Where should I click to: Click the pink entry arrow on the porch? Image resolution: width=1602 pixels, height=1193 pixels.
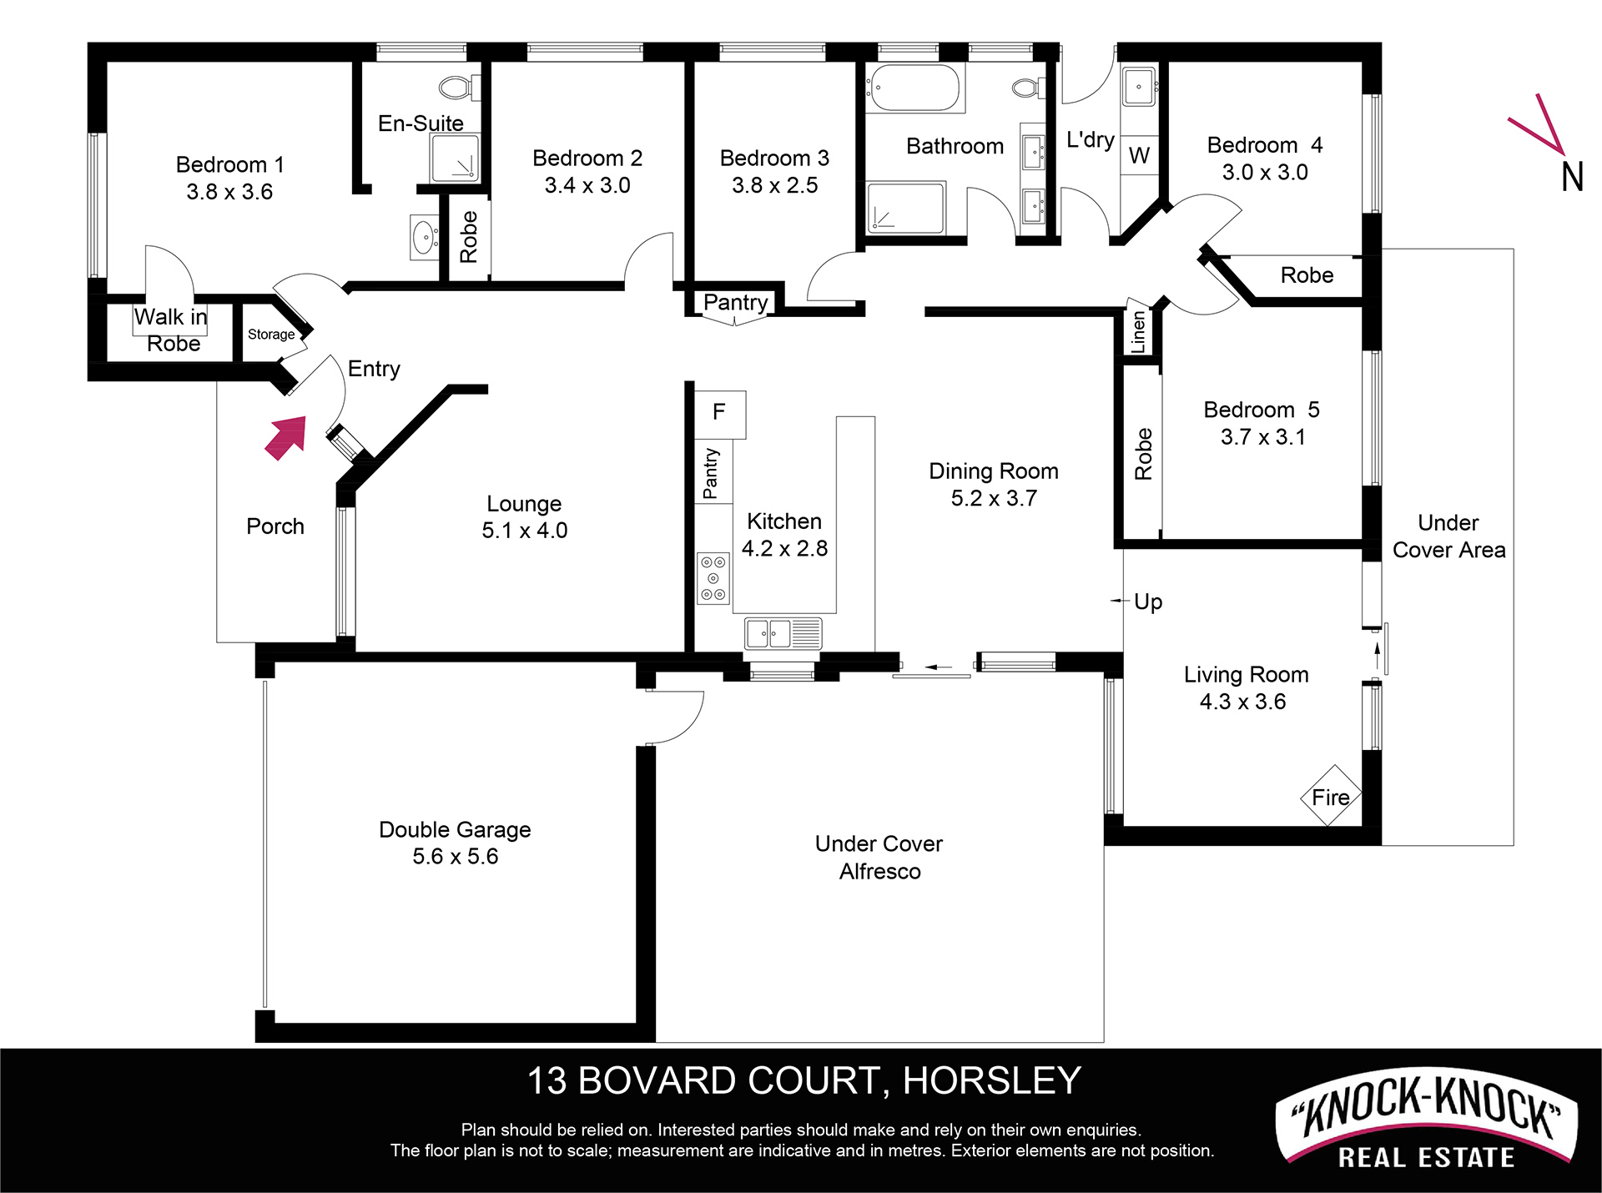(286, 438)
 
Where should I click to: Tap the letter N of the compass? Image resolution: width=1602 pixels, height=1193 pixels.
(1572, 177)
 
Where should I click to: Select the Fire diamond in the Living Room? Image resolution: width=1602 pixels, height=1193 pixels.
(1331, 796)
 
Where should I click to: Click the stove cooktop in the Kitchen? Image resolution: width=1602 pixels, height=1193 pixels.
(713, 578)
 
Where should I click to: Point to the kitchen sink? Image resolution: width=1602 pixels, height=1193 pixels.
(783, 634)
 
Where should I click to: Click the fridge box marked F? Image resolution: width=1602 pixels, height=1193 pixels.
(720, 414)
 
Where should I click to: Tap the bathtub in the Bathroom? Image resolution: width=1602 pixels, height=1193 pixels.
(914, 88)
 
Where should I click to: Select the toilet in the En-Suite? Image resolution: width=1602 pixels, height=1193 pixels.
(459, 87)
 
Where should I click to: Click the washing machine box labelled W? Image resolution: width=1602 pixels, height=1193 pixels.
(1139, 155)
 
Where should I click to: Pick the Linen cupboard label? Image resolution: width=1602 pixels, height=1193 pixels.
(1138, 332)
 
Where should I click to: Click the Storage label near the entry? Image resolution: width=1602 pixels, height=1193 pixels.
(271, 335)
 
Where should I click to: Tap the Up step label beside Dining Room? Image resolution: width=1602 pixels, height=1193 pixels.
(1148, 602)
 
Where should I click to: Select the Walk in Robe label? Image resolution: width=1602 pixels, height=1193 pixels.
(171, 330)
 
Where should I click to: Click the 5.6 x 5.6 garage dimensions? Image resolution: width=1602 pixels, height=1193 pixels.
(456, 857)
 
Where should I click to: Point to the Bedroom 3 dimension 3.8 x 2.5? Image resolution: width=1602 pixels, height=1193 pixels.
(775, 185)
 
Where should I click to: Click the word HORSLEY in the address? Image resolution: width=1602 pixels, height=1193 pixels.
(992, 1081)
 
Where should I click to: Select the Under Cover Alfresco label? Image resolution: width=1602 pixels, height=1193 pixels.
(879, 858)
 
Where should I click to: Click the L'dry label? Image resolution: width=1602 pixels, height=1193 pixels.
(1091, 139)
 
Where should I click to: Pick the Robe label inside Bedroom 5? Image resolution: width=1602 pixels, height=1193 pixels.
(1143, 454)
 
